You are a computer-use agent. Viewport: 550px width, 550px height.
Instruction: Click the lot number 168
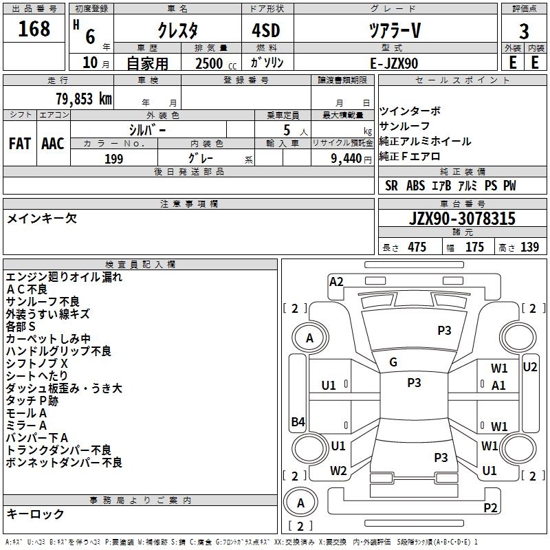34,29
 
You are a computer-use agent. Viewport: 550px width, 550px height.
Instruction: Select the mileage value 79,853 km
83,99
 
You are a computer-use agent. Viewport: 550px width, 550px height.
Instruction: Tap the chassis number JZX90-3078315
461,219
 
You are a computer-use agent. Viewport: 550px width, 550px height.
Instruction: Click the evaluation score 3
524,31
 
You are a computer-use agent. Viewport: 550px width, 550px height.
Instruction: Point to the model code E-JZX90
393,63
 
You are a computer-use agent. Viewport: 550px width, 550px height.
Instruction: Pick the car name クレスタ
177,31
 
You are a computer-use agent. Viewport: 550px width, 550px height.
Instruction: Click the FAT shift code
20,144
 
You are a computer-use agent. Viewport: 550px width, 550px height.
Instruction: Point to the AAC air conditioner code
53,144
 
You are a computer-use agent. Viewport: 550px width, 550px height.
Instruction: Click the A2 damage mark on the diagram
336,281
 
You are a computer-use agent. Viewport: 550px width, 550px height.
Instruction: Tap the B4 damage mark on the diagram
298,421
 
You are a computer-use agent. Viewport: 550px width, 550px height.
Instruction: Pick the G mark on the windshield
393,362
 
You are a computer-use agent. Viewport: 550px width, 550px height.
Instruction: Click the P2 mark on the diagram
490,507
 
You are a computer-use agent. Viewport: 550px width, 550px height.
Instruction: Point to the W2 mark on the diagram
338,471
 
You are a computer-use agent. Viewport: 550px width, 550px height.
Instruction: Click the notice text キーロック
36,514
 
